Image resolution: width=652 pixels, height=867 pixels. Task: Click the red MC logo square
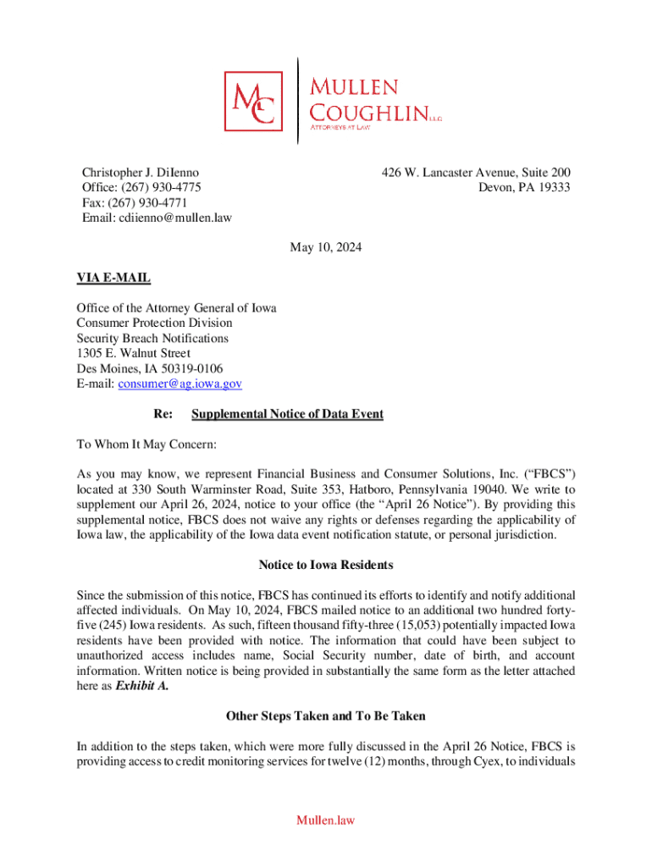253,101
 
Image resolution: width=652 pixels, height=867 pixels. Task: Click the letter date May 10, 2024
326,248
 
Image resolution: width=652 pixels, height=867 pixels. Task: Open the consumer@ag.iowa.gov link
180,384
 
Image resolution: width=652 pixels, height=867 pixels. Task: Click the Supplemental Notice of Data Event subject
287,414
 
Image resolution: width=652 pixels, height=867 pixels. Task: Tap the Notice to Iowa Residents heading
326,565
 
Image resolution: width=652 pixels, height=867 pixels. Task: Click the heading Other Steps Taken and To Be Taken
326,715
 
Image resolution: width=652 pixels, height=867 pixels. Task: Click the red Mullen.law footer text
326,820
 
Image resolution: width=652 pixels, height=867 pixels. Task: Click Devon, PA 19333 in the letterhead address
524,187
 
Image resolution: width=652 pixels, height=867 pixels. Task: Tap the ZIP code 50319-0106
192,368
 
